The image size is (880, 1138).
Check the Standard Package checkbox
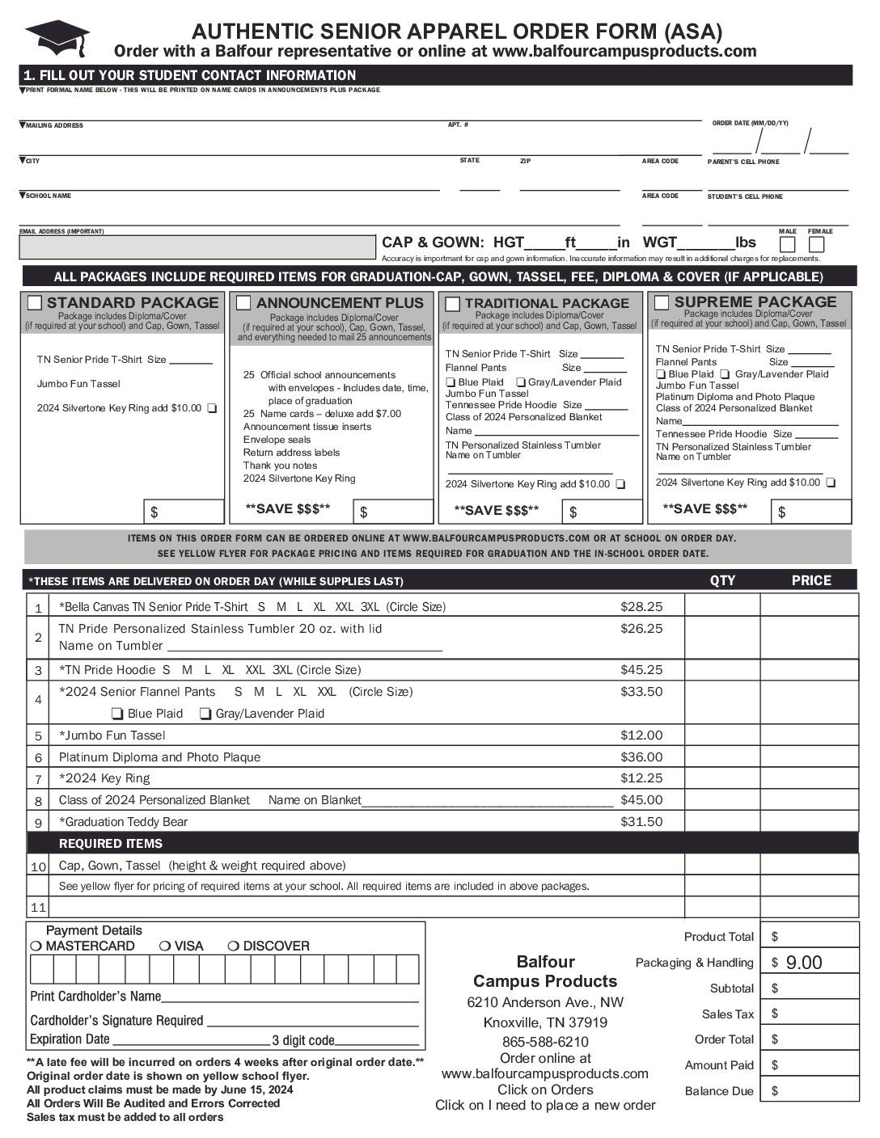35,303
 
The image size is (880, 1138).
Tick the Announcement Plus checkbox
243,303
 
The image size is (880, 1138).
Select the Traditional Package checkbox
453,304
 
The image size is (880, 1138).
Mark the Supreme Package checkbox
662,303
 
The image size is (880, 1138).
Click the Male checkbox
788,244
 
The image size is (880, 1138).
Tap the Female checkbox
817,244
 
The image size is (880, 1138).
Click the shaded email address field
197,247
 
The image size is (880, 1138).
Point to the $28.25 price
641,606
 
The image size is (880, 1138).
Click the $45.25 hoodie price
641,669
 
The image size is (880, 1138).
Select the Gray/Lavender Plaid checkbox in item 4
206,714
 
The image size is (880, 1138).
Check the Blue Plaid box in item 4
117,714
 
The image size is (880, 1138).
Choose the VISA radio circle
165,946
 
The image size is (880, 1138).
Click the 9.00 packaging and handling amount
804,962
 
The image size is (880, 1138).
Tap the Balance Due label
718,1091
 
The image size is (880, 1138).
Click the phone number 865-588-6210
545,1041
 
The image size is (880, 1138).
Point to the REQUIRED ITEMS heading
111,843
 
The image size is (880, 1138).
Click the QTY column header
722,580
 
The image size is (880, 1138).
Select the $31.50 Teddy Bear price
641,821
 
